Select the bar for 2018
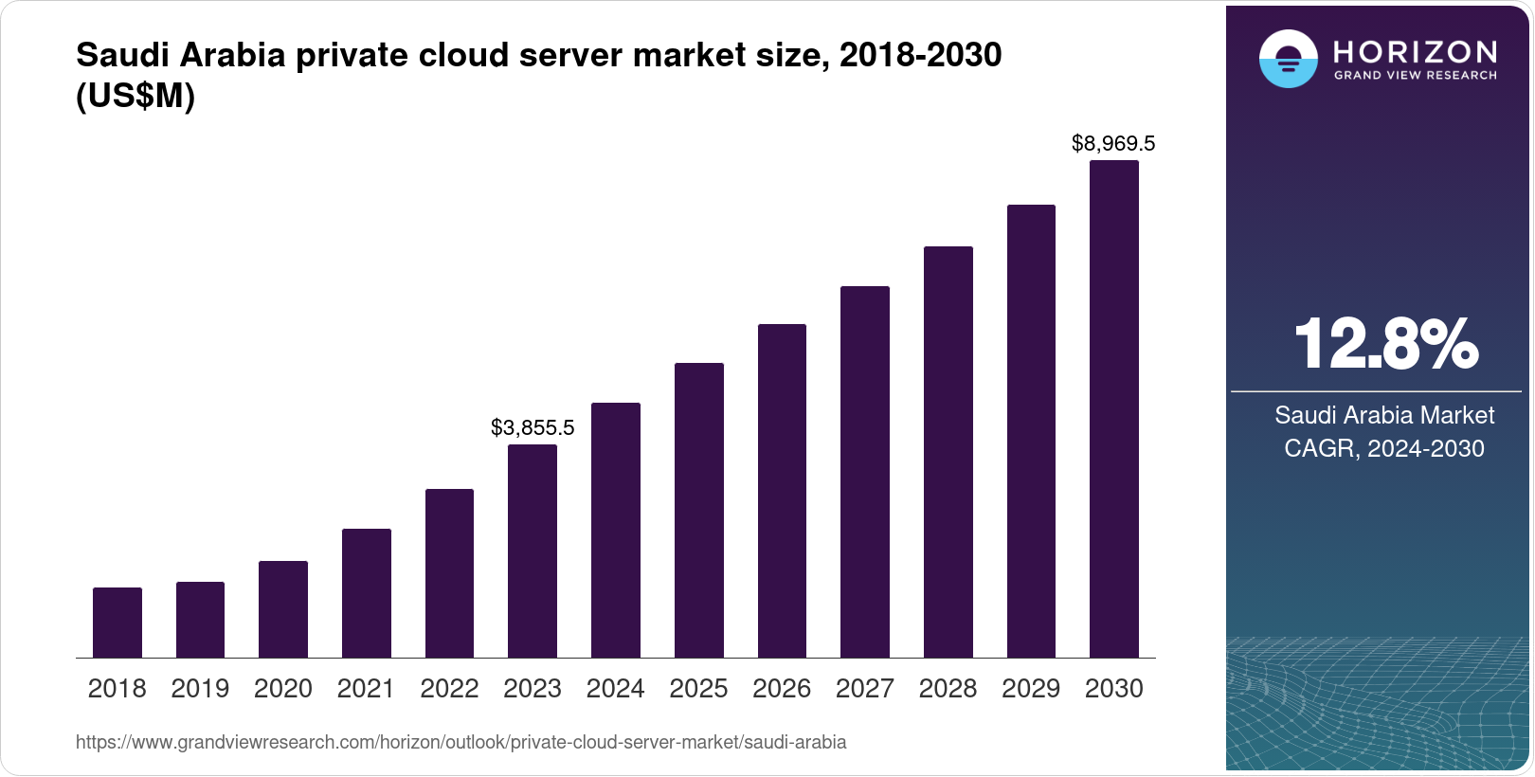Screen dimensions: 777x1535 117,623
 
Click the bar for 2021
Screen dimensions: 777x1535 367,593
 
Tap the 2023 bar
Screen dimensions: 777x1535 533,551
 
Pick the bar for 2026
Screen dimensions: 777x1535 782,491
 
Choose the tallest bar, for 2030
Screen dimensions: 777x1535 1114,408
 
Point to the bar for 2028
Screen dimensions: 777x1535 948,452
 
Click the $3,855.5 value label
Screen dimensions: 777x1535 533,427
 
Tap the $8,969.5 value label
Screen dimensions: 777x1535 1113,143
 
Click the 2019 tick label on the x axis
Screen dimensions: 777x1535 200,689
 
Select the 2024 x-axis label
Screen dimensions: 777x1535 616,689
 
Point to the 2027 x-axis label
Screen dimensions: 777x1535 865,689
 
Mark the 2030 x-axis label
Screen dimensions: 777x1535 1114,689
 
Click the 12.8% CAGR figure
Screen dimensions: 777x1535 1385,344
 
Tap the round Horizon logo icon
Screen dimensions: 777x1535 1288,59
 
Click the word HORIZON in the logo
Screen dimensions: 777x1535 1416,51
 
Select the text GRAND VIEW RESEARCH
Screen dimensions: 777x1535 1416,75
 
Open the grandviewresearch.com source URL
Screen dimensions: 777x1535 460,742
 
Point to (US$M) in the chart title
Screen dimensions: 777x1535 135,97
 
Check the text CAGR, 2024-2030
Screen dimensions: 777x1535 1384,448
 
